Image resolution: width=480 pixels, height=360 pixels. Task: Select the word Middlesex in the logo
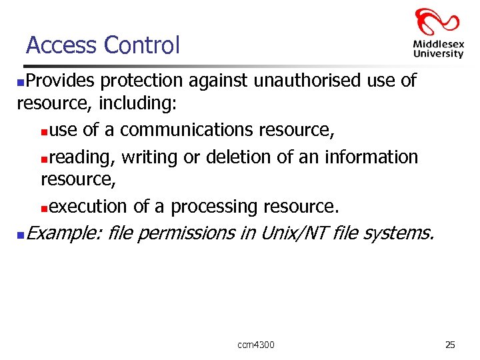click(x=438, y=45)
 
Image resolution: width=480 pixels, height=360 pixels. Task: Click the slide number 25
click(x=450, y=345)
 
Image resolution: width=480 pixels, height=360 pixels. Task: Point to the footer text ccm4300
click(x=256, y=345)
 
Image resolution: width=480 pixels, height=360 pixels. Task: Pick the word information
click(x=369, y=157)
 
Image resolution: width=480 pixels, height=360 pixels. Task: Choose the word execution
click(x=88, y=207)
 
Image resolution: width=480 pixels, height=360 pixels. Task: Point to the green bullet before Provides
click(x=21, y=82)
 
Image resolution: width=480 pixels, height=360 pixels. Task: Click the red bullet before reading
click(x=44, y=158)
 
